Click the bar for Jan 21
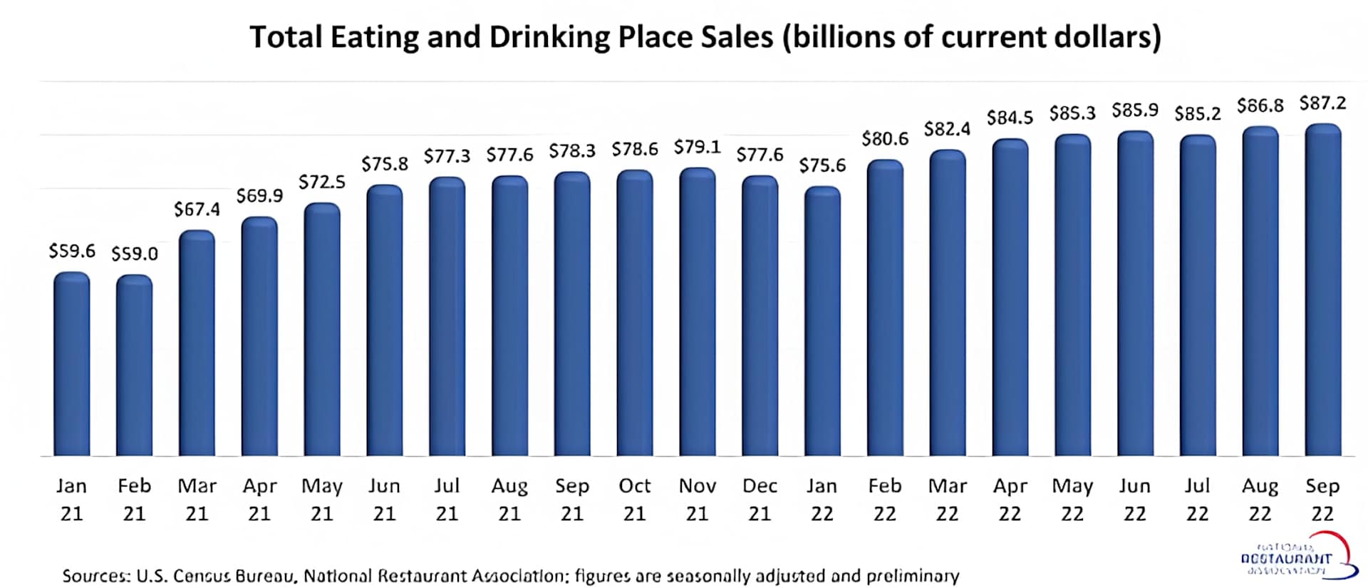click(72, 363)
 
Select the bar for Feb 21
click(134, 365)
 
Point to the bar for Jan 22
click(822, 321)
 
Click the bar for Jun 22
click(1135, 293)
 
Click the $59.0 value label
click(135, 254)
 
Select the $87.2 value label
click(1323, 103)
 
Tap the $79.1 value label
click(698, 148)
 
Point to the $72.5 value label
click(322, 182)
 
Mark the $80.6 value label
click(885, 139)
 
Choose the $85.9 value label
click(1135, 110)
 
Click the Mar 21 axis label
click(197, 499)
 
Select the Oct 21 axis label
click(635, 499)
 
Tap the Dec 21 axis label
click(760, 499)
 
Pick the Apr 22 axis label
click(1010, 499)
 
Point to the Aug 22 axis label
click(1260, 499)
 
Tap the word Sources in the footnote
click(95, 576)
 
